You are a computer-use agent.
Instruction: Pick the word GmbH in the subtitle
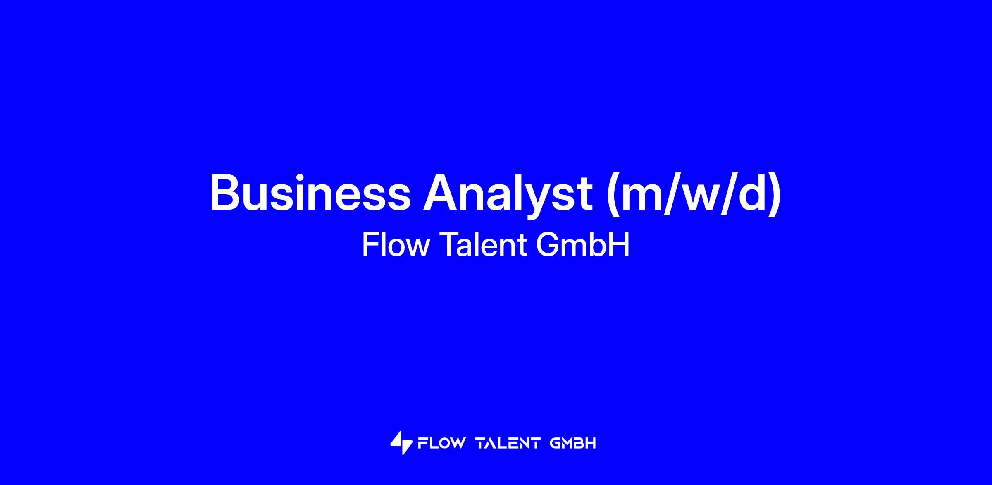583,245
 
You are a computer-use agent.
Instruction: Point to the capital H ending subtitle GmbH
620,245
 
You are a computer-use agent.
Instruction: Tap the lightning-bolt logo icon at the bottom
401,443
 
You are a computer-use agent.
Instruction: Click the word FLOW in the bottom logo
441,443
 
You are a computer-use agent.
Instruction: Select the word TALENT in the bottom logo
508,443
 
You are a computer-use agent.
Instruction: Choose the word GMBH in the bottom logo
573,443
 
